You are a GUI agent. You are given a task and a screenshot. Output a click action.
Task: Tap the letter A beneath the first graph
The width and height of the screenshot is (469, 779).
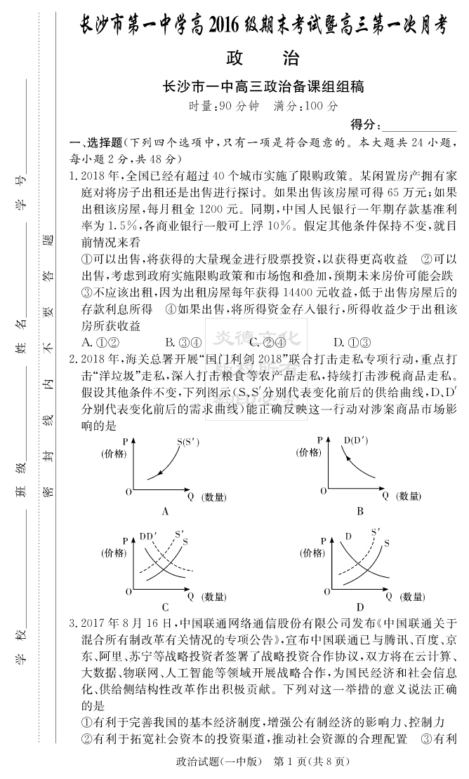coord(166,511)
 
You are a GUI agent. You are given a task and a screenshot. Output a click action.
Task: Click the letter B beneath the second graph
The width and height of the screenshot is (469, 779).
coord(359,511)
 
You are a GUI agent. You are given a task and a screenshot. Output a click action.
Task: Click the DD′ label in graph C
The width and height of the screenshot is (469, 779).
coord(147,536)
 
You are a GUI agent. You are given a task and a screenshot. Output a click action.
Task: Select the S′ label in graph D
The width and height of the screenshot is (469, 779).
coord(376,532)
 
